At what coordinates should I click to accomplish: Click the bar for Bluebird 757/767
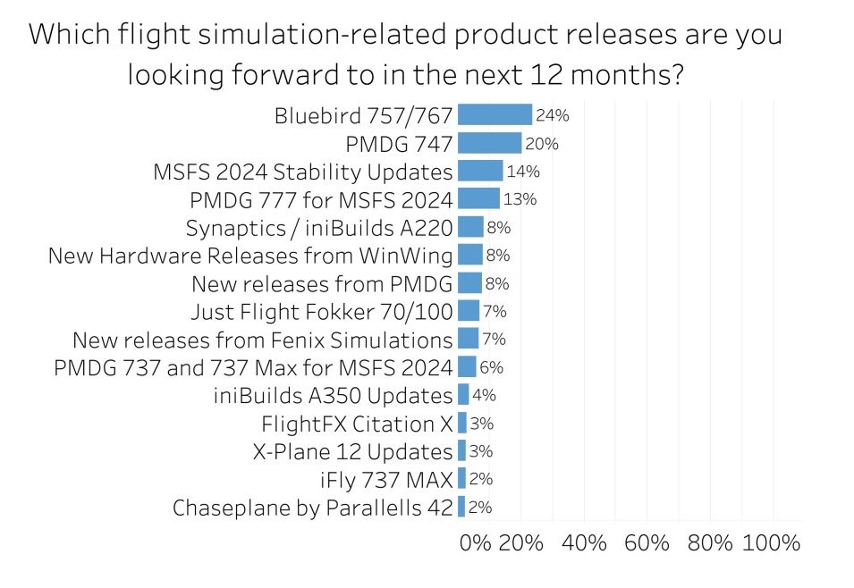495,115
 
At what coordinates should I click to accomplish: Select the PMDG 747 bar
489,143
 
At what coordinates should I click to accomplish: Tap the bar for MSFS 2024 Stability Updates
480,171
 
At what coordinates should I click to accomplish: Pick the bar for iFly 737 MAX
461,479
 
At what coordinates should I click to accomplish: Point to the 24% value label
553,115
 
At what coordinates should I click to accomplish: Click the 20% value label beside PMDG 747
542,143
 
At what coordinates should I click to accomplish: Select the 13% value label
520,199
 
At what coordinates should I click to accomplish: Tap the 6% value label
492,367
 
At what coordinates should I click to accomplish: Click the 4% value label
484,395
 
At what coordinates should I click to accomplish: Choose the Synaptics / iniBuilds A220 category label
319,228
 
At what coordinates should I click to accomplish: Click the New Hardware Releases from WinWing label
250,256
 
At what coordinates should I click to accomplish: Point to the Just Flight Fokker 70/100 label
322,312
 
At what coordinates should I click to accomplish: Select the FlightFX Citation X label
357,424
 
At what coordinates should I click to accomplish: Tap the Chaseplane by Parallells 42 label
312,508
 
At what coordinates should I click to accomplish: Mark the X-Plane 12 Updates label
353,452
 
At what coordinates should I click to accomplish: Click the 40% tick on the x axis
585,542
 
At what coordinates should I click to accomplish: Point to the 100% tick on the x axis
771,542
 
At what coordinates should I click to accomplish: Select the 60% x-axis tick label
647,542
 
